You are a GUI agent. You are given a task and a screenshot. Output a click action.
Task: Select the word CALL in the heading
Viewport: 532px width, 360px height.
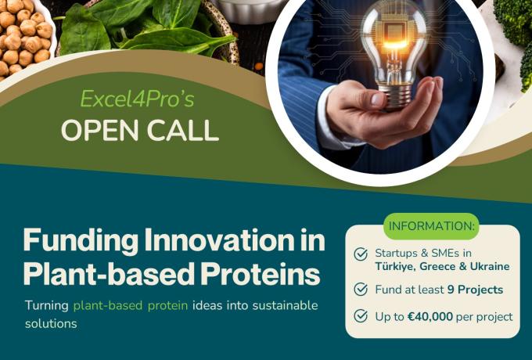(180, 130)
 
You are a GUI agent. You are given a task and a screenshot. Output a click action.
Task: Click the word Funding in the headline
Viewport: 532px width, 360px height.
(74, 239)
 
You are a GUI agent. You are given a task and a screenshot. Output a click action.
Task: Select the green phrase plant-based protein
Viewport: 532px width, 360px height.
(131, 305)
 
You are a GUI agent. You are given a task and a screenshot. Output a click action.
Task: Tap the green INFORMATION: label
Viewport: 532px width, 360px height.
(432, 227)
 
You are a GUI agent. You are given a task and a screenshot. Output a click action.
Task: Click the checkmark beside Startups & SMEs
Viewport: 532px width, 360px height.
(361, 254)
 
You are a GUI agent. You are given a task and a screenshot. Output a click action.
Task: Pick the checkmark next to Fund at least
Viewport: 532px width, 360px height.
(361, 290)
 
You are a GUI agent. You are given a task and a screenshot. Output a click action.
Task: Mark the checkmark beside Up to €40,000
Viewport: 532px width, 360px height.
(361, 316)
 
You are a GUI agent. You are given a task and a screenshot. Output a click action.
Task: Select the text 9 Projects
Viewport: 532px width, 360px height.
(475, 290)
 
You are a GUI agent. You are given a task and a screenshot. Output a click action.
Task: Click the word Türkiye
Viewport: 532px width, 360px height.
(398, 266)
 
